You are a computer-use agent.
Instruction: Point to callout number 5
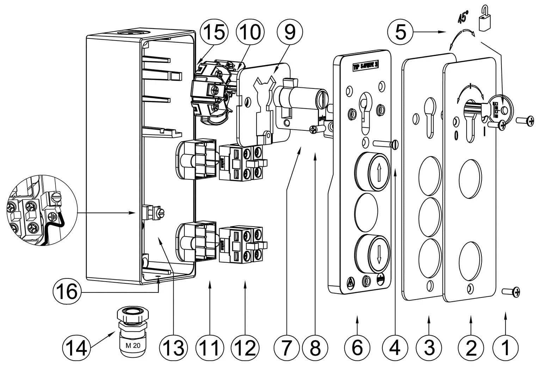(x=401, y=32)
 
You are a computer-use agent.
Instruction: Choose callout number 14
(x=77, y=348)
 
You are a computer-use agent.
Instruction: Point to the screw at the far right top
(x=526, y=121)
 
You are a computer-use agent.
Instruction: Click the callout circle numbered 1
(x=506, y=348)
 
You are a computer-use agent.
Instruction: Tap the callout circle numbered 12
(x=245, y=348)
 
